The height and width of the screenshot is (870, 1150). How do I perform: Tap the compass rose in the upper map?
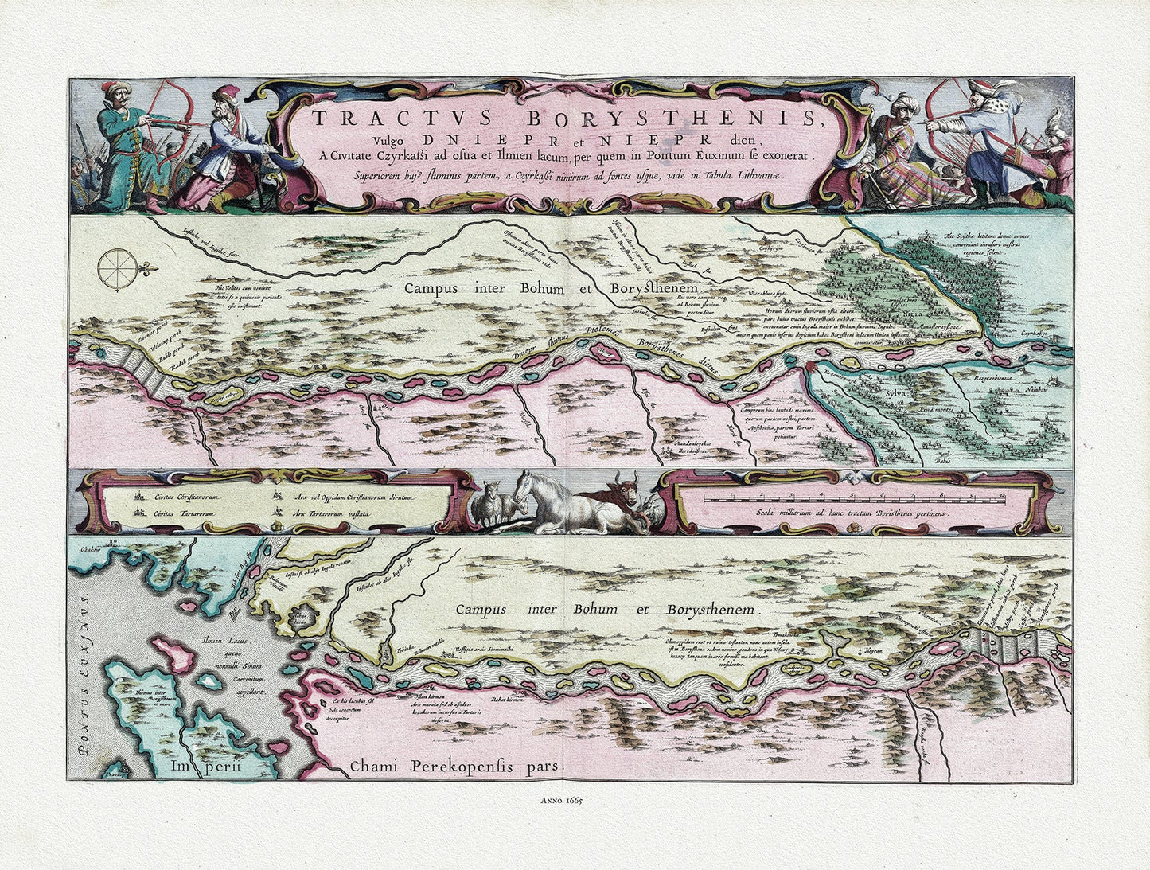click(x=118, y=267)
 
